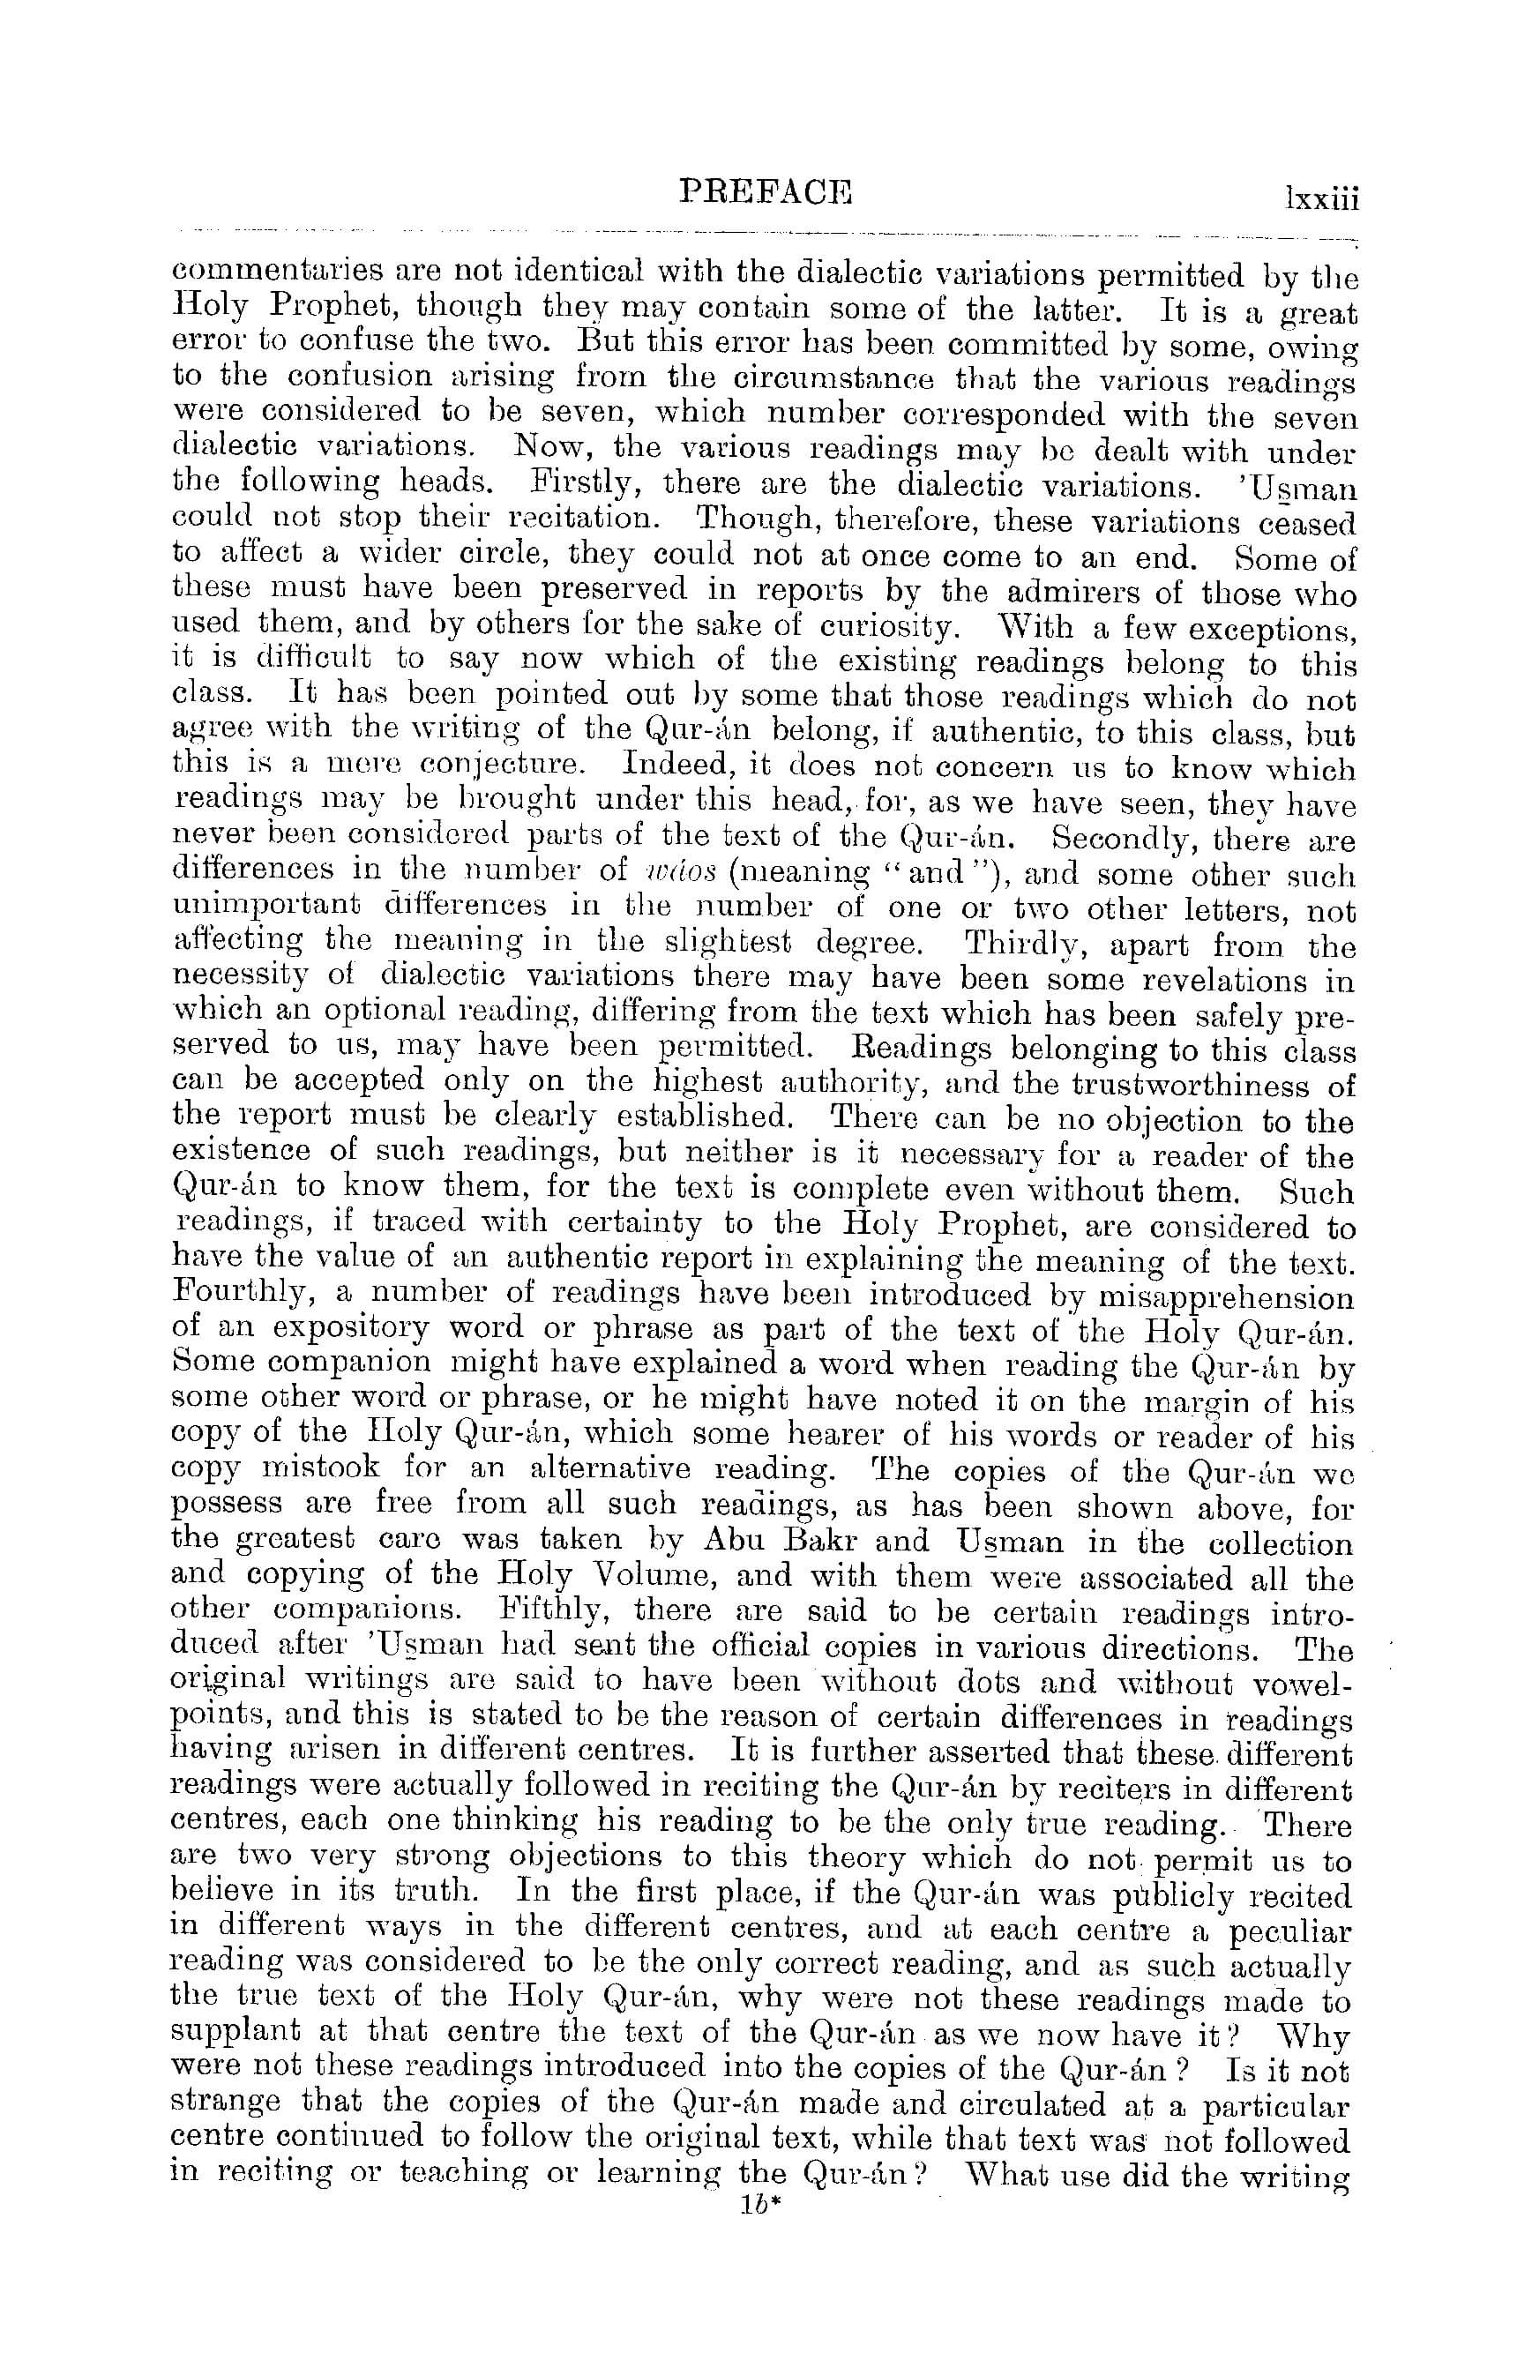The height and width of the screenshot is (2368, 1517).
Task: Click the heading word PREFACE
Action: pos(766,191)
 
